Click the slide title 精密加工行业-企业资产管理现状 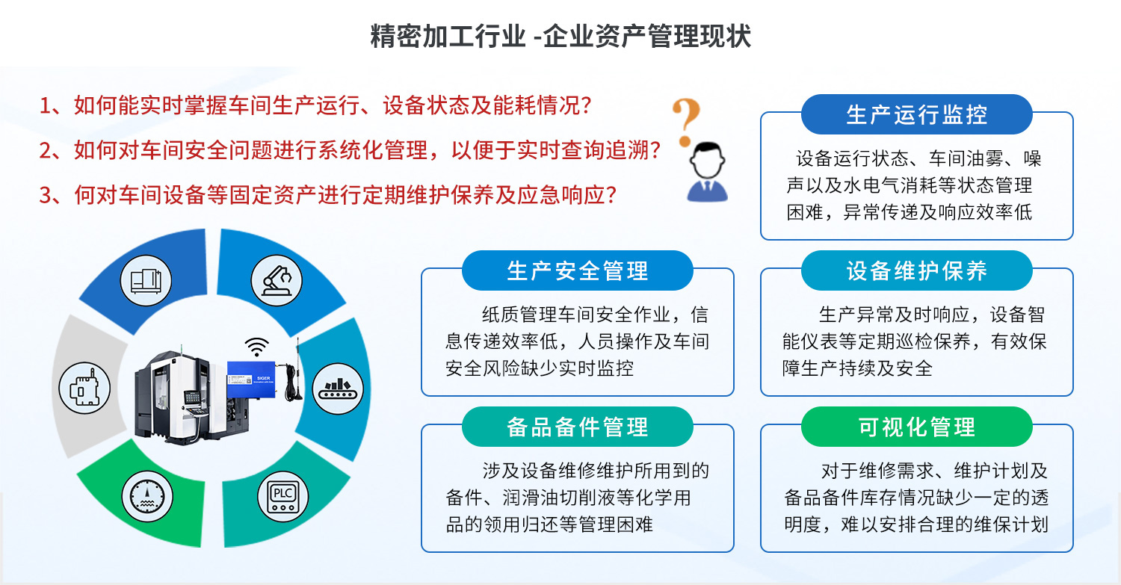[560, 36]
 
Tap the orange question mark [686, 122]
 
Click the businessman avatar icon [707, 172]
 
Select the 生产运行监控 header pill [916, 114]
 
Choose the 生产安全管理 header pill [577, 270]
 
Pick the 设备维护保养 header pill [916, 270]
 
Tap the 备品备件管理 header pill [577, 427]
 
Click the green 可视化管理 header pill [916, 427]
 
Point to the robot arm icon [277, 281]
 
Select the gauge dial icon [147, 497]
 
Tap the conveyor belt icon [338, 389]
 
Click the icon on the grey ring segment [84, 388]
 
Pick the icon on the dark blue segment [146, 281]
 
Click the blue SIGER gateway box [251, 380]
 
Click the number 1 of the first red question [46, 105]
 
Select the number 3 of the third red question [46, 195]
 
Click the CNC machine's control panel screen [192, 397]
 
